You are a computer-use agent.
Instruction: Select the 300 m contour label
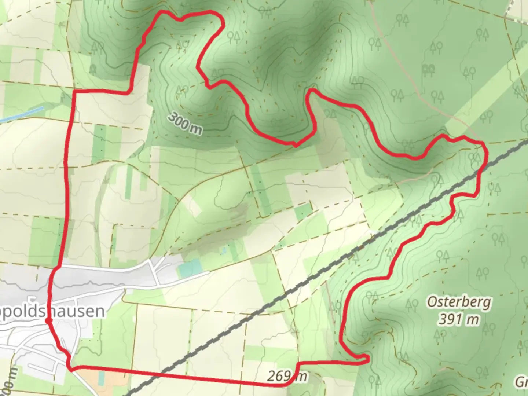tap(186, 124)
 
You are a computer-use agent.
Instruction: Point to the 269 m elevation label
tap(287, 376)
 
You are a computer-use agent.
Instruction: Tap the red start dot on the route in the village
tap(48, 322)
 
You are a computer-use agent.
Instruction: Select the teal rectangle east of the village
tap(190, 269)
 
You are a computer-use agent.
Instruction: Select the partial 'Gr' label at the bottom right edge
tap(521, 383)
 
